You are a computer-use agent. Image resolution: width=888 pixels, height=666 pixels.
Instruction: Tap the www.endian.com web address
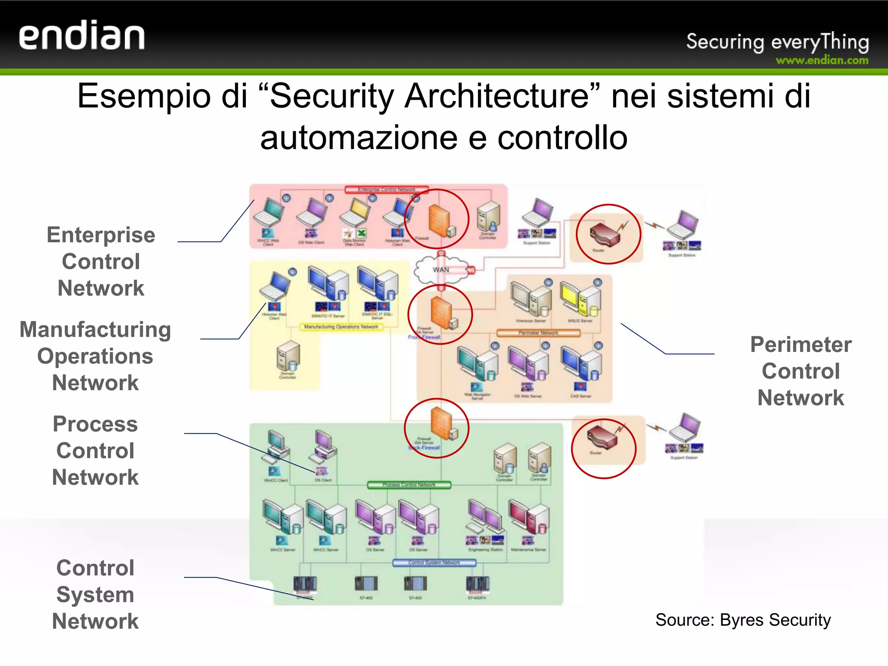click(x=822, y=60)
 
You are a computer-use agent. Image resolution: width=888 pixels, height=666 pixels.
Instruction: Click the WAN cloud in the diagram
click(x=441, y=269)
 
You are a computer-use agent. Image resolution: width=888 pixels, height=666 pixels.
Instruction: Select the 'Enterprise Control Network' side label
click(x=101, y=261)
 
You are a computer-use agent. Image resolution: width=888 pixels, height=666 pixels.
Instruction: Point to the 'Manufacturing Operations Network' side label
click(x=95, y=356)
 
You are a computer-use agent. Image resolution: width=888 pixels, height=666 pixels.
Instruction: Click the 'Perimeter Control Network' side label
click(x=801, y=371)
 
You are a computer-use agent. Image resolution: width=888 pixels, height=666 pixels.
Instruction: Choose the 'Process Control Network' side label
click(x=95, y=451)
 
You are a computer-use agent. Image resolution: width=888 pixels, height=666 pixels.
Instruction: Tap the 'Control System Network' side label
click(x=95, y=594)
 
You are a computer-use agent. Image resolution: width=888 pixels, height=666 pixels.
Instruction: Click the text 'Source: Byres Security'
click(x=743, y=620)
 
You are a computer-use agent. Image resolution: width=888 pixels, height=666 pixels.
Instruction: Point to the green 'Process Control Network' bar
click(x=409, y=485)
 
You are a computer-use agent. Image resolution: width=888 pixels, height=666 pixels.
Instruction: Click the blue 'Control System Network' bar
click(x=434, y=563)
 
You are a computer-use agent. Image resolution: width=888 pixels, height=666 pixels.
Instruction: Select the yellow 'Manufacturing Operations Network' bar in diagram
click(x=341, y=327)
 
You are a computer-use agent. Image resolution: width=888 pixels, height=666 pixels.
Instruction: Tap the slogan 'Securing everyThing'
click(x=777, y=42)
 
